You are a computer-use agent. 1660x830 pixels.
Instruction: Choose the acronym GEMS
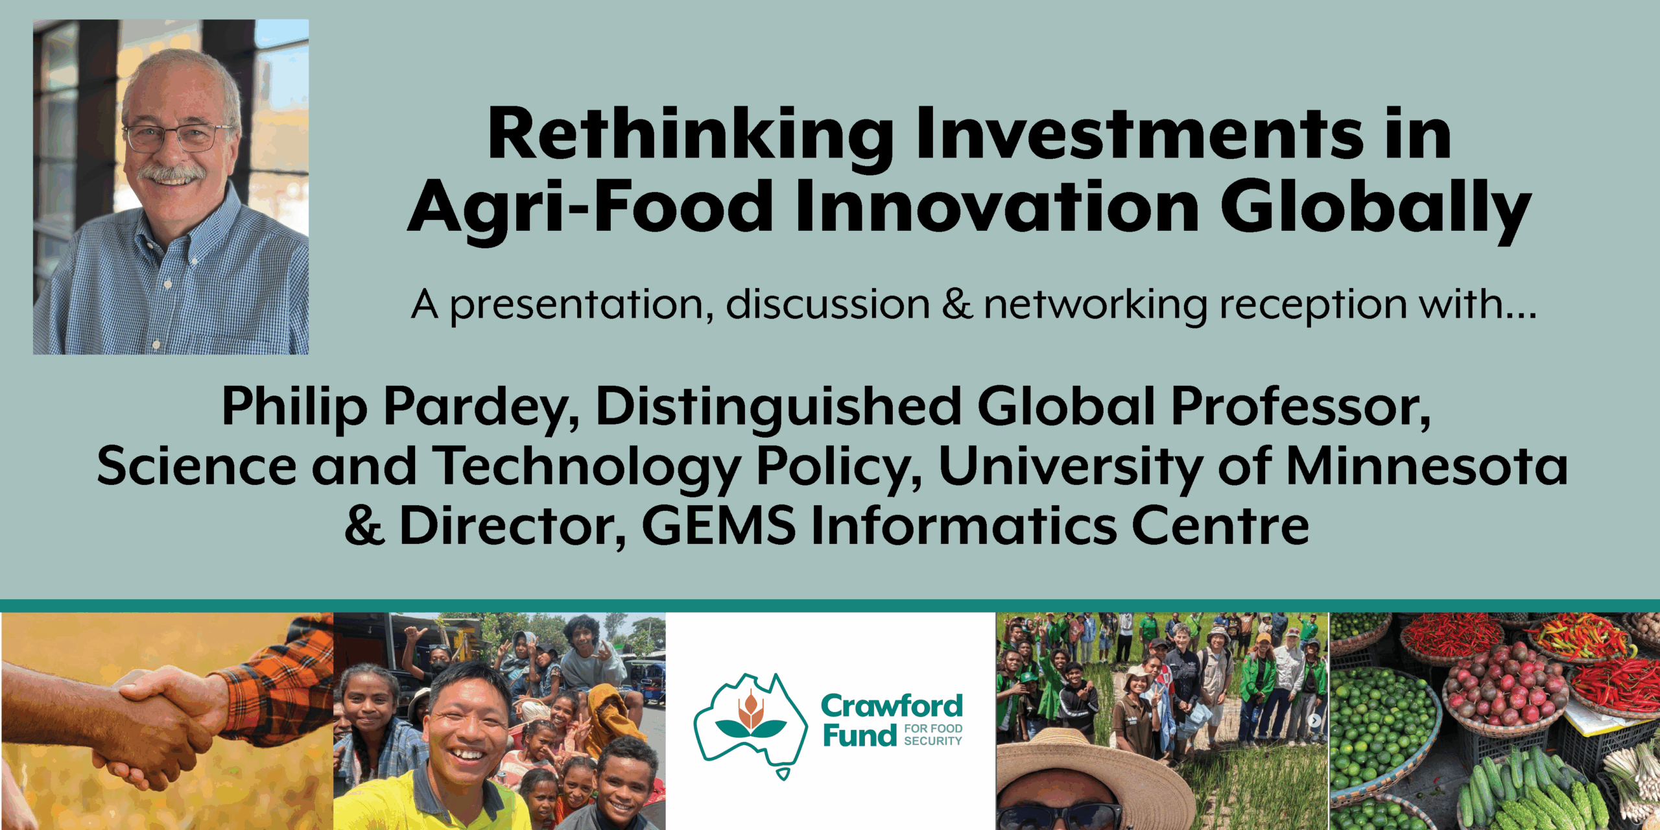(718, 526)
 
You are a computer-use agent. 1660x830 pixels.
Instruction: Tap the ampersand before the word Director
(365, 526)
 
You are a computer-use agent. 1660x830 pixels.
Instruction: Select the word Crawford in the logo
(892, 706)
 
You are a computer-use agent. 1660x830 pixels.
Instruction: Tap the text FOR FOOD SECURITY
(933, 735)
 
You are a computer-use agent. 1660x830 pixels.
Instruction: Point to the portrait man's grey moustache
(172, 174)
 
